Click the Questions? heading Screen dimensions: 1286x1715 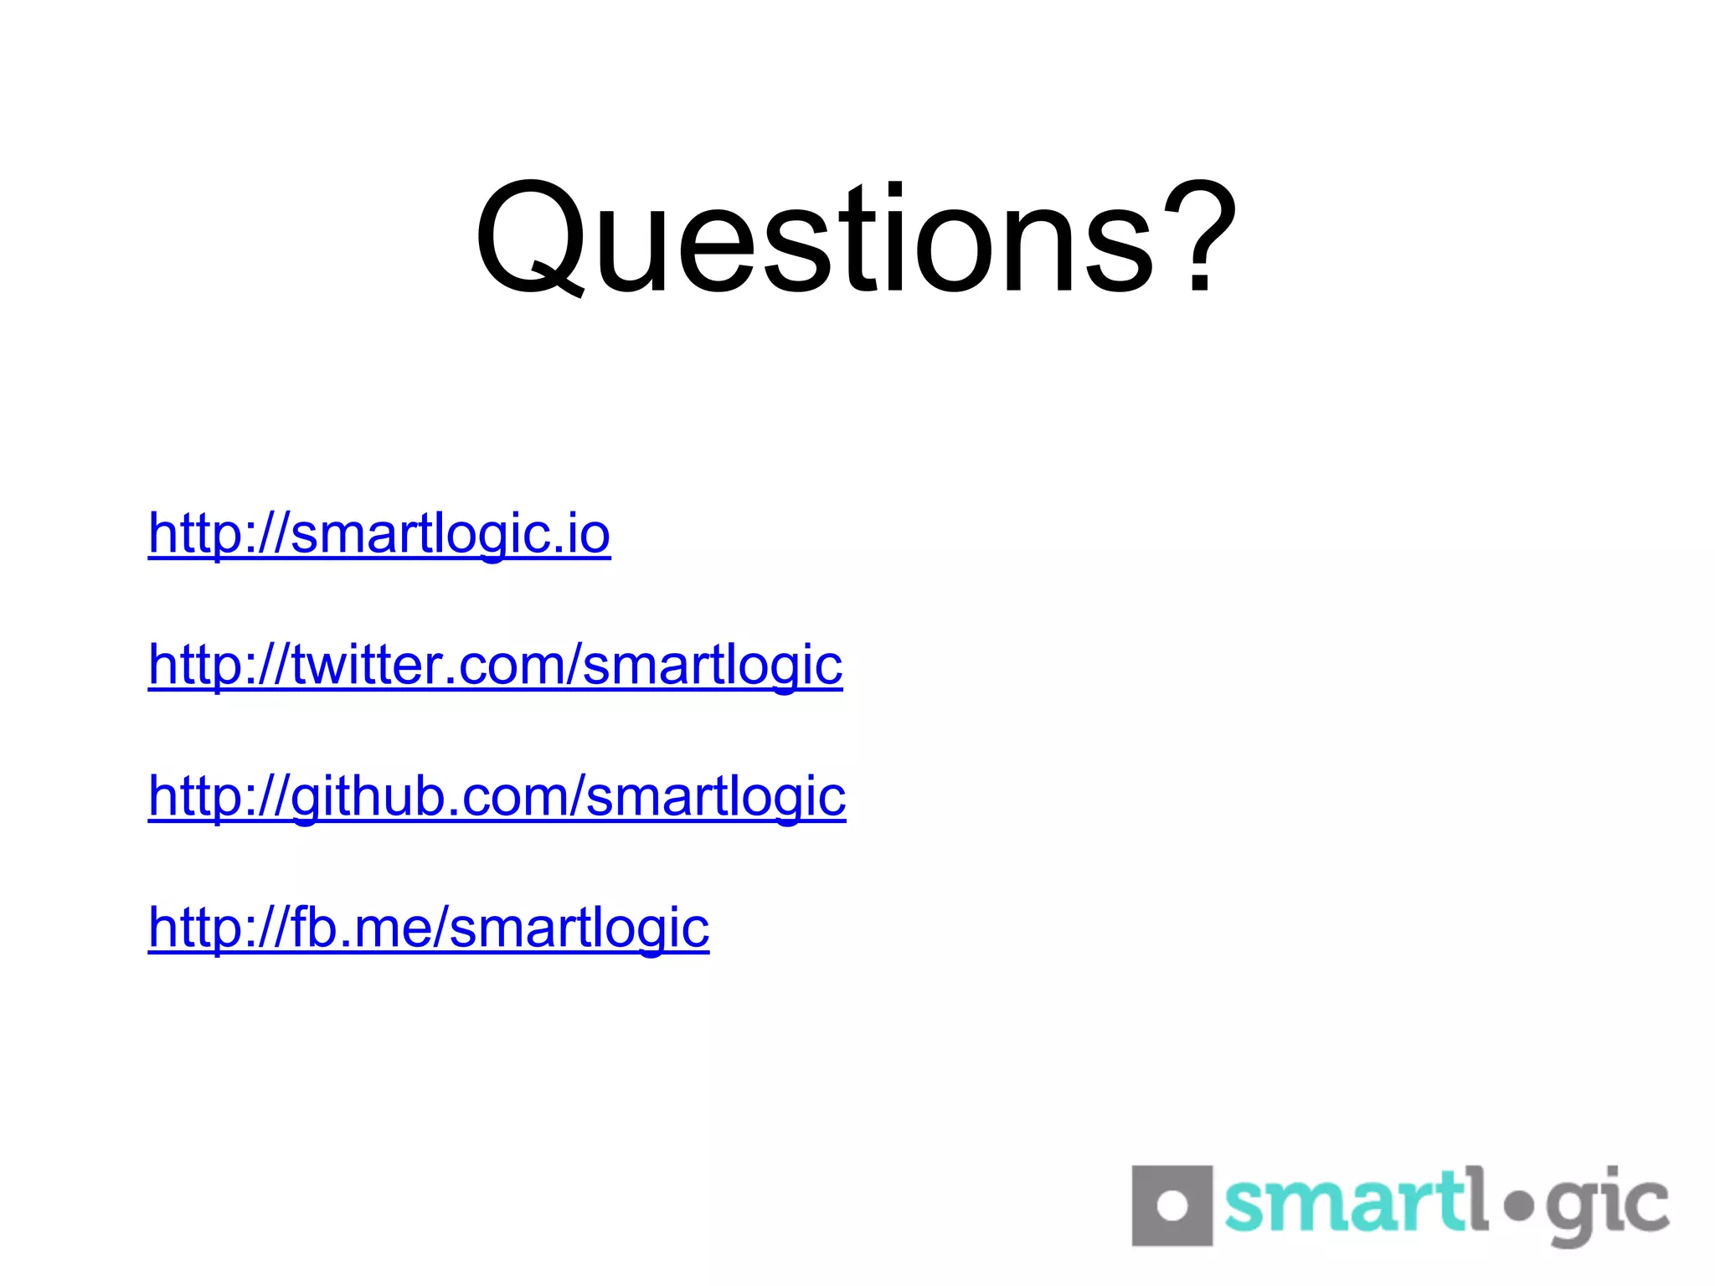pos(856,239)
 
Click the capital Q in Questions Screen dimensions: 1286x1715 pos(529,239)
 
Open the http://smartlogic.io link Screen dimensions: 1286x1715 pos(379,533)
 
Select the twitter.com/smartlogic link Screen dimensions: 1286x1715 pos(495,665)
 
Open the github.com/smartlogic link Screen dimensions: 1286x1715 pos(497,795)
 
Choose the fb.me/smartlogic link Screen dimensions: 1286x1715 pos(428,927)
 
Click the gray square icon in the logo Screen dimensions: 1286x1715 pos(1171,1206)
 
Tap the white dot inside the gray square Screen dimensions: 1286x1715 pos(1172,1206)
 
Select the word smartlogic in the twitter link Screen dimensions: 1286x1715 pos(712,665)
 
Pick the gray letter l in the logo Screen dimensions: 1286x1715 pos(1477,1197)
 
